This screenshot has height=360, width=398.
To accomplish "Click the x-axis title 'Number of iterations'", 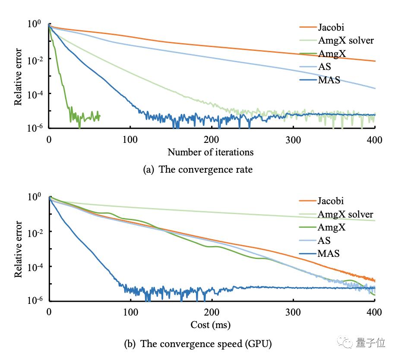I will pyautogui.click(x=210, y=152).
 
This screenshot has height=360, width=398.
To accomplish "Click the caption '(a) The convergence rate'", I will pyautogui.click(x=198, y=170).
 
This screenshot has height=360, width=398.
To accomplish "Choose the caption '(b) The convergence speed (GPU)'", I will pyautogui.click(x=198, y=344).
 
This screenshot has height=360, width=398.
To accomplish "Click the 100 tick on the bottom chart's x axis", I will pyautogui.click(x=130, y=312).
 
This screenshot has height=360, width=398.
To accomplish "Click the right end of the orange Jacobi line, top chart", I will pyautogui.click(x=375, y=61).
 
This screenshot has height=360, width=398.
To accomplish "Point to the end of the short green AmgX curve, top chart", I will pyautogui.click(x=100, y=116).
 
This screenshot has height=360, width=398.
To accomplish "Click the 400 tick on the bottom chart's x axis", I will pyautogui.click(x=374, y=312).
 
